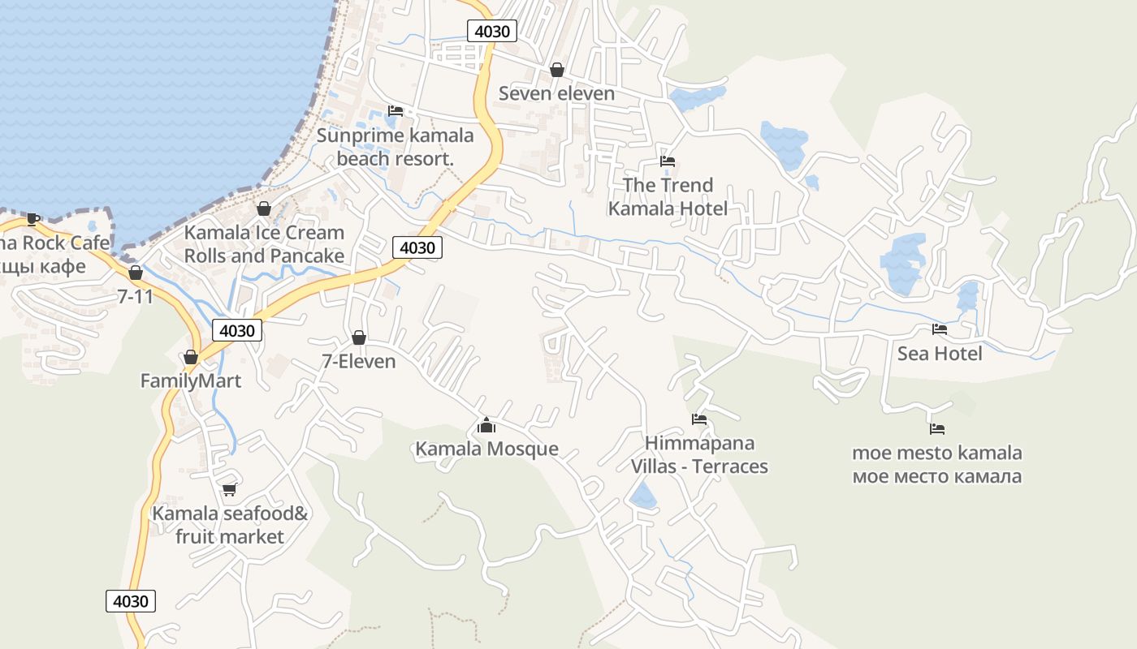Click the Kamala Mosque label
click(486, 449)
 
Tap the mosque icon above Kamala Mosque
click(486, 425)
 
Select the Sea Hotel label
click(939, 353)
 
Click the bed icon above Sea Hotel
click(939, 329)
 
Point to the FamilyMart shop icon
click(191, 357)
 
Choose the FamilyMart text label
click(191, 380)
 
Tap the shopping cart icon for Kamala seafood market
click(229, 489)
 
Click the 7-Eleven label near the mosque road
click(359, 361)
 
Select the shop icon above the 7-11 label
click(136, 273)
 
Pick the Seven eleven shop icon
click(557, 70)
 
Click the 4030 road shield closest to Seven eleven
click(492, 32)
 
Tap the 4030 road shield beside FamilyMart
click(237, 330)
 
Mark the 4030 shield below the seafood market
click(130, 601)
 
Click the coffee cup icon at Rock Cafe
click(32, 218)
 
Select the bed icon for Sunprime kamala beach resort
click(396, 110)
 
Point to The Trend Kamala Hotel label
click(668, 196)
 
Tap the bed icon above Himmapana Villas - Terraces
click(699, 419)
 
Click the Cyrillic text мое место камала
click(936, 476)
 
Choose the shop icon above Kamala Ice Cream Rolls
click(264, 208)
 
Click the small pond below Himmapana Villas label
click(642, 496)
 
